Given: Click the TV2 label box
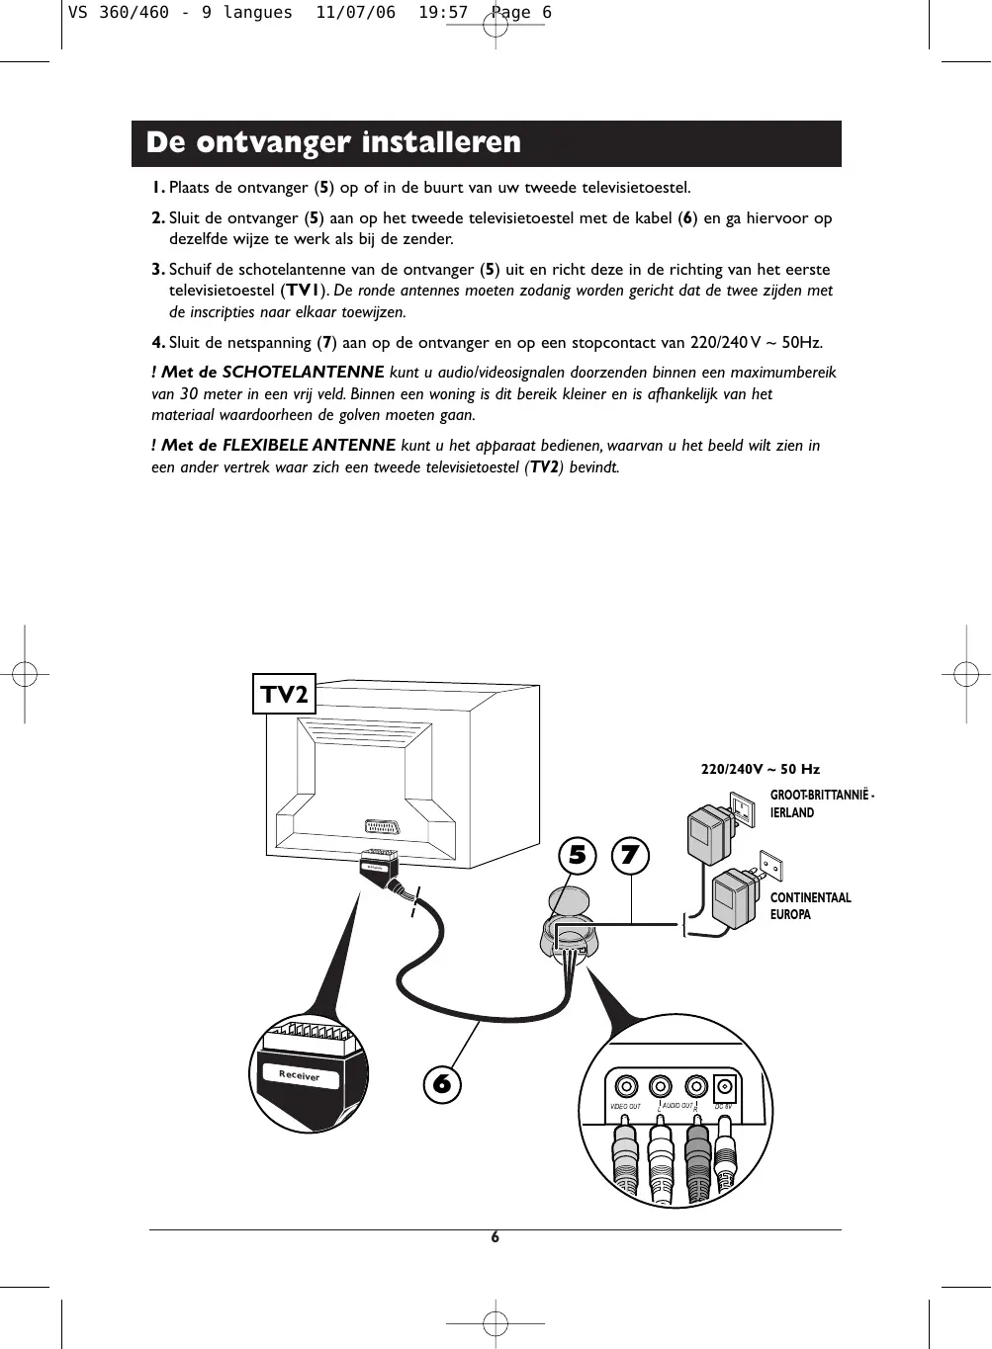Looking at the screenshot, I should point(285,694).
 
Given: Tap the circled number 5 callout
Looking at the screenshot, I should point(577,855).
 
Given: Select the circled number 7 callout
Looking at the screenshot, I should point(630,855).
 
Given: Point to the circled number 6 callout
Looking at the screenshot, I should point(442,1084).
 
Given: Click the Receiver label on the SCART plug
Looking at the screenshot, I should point(300,1075).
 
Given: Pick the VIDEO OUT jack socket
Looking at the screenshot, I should point(625,1085).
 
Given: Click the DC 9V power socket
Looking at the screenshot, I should point(725,1086).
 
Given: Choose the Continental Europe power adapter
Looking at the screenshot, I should point(733,899).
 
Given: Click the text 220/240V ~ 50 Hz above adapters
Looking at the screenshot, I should point(760,769).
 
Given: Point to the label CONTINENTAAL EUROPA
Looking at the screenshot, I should point(810,906).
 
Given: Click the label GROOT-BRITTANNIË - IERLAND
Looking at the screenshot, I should point(821,803).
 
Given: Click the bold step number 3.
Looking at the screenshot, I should point(158,269).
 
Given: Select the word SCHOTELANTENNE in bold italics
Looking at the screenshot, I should point(303,373).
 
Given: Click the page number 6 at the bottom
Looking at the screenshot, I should point(496,1237).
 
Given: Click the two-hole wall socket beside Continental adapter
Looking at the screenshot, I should point(770,867).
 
